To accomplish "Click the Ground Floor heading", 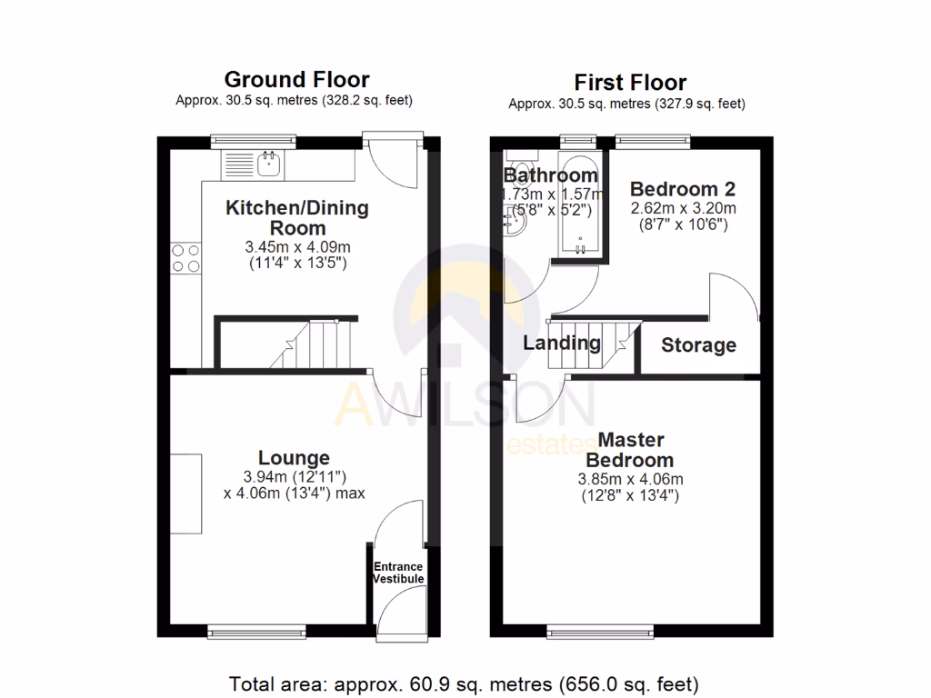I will coord(296,79).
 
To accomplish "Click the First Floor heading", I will coord(630,83).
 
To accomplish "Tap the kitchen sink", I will coord(269,165).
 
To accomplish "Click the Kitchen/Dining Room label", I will coord(297,217).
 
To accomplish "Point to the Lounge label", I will coord(294,457).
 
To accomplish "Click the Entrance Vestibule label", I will coord(398,573).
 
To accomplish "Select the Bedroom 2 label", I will coord(683,189).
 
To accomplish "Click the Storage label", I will coord(698,345).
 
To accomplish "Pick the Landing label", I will coord(562,343).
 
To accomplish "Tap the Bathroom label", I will coord(550,174).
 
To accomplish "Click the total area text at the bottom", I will coord(464,683).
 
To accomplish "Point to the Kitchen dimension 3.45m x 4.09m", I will coord(296,246).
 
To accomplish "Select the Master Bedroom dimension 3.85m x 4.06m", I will coord(630,480).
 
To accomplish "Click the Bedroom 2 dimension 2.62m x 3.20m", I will coord(683,207).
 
